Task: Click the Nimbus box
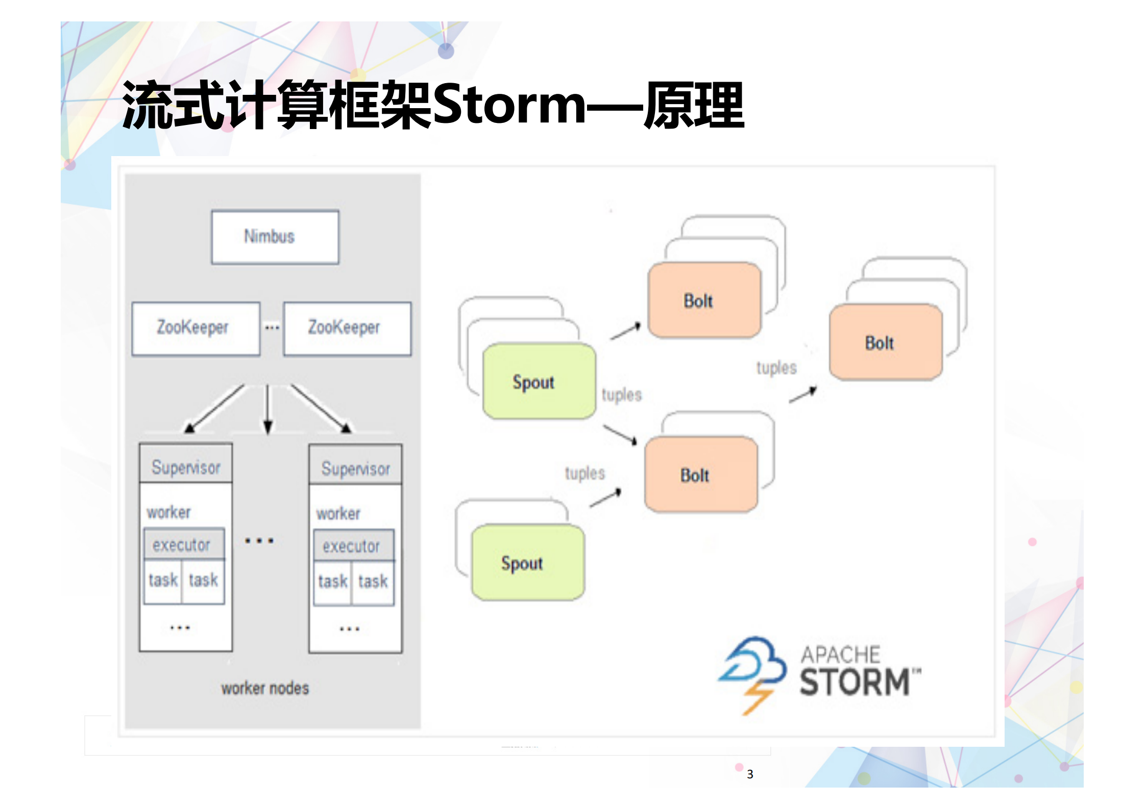(x=275, y=237)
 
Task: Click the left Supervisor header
(x=186, y=467)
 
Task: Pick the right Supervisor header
(x=355, y=468)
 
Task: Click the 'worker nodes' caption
(x=265, y=688)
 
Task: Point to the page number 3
(x=750, y=774)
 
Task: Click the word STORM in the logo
(x=855, y=682)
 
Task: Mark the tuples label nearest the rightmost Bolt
(x=776, y=368)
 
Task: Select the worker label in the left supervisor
(x=168, y=512)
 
